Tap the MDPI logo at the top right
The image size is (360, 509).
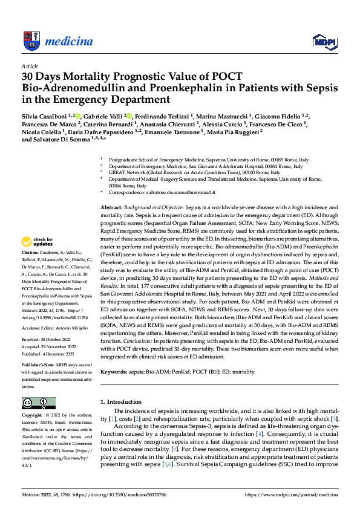[324, 41]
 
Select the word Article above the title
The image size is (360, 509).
[30, 66]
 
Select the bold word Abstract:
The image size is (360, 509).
[113, 207]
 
